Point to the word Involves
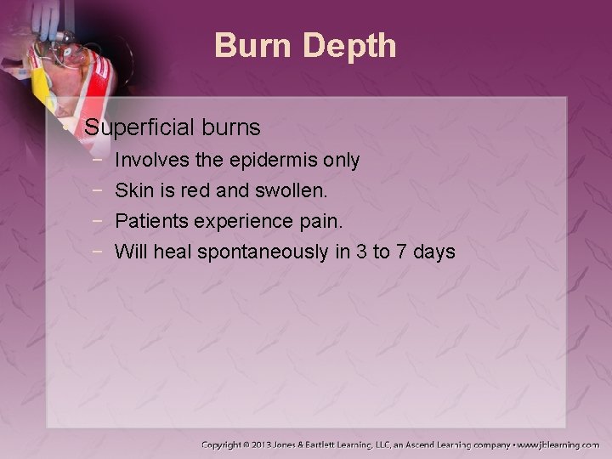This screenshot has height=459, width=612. tap(150, 160)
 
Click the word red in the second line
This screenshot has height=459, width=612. tap(196, 190)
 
